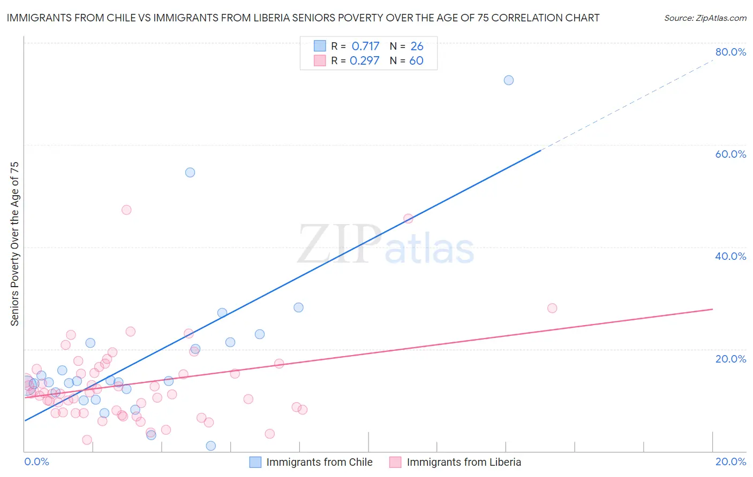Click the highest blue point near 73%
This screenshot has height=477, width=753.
pos(509,80)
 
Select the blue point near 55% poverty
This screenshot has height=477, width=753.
pos(190,172)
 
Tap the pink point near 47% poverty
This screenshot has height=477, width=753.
pos(126,210)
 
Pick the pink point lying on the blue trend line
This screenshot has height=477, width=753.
pos(408,218)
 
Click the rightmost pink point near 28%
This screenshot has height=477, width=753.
pos(552,308)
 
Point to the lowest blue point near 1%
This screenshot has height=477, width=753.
pos(211,445)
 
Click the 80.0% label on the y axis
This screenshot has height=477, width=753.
pos(731,52)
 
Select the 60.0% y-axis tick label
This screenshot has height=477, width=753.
pos(731,154)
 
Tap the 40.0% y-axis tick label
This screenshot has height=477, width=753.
pos(731,256)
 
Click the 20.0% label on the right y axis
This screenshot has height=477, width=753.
pos(731,358)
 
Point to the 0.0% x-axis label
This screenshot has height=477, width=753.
pos(37,461)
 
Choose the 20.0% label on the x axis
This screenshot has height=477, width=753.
pos(731,461)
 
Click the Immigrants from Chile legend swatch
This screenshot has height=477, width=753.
pos(255,462)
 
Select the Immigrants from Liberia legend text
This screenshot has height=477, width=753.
pos(464,462)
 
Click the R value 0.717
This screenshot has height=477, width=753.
pos(365,46)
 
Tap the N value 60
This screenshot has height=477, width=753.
pos(416,60)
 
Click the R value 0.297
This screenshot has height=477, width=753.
pos(364,60)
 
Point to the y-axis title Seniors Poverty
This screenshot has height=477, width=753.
pos(14,243)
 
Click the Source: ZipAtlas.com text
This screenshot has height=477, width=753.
pos(705,18)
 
